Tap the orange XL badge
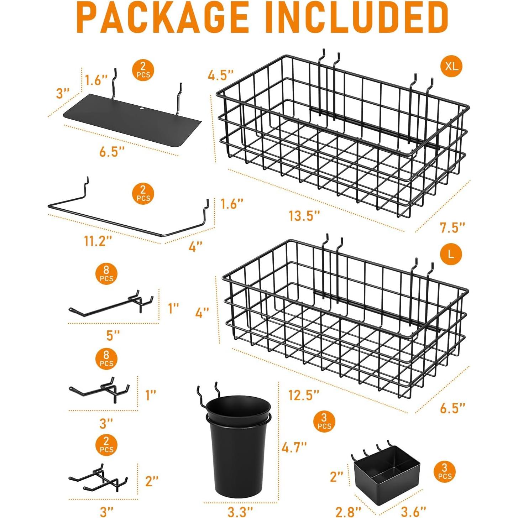click(x=451, y=66)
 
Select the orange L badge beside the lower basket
click(x=451, y=254)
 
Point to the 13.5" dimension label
click(x=304, y=216)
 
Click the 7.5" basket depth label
click(x=452, y=227)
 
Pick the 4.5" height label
click(x=221, y=75)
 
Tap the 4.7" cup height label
click(x=294, y=448)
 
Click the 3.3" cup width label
click(x=240, y=512)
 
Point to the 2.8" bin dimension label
click(x=348, y=512)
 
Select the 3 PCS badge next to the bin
click(x=445, y=472)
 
